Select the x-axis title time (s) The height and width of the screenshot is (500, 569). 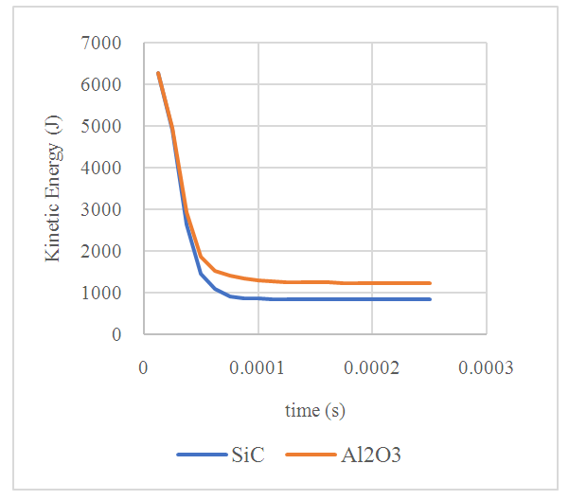point(314,411)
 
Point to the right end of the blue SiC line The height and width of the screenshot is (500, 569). point(431,299)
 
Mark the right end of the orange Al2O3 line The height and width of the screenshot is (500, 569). point(431,283)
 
